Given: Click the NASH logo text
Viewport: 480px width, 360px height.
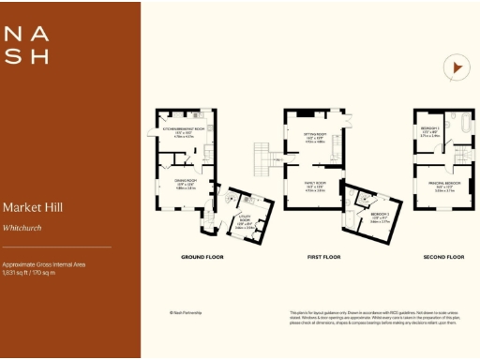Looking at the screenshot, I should click(x=26, y=44).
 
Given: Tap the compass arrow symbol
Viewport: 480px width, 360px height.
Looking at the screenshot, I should click(x=457, y=67).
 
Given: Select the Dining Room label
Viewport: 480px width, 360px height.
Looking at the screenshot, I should click(x=185, y=184).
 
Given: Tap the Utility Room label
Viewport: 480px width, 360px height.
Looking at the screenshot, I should click(x=243, y=223).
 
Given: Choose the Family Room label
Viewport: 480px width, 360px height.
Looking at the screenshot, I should click(x=314, y=186).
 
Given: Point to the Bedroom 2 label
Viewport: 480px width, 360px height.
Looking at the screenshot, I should click(x=380, y=217).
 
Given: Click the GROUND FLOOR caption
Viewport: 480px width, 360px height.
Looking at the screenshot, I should click(x=201, y=256).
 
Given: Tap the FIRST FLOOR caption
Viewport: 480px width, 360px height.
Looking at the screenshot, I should click(x=321, y=256).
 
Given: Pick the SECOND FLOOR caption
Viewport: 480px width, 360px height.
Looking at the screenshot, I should click(x=442, y=256).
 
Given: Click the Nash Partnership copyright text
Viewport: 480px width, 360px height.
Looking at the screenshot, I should click(x=185, y=312).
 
